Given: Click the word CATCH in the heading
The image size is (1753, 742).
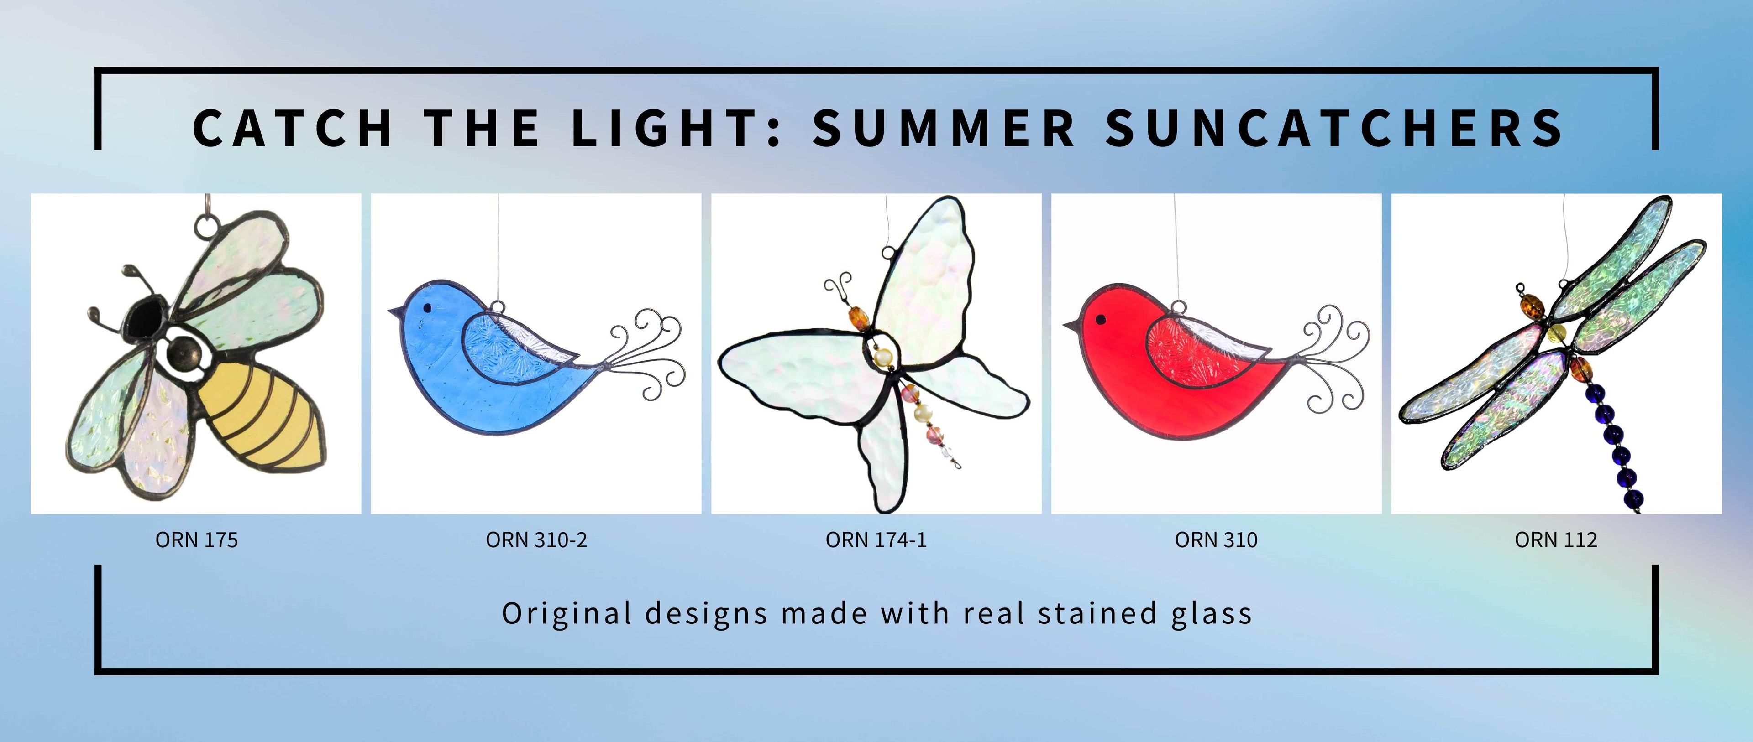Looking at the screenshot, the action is coord(293,128).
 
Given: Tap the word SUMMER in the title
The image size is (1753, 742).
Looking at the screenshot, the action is coord(943,128).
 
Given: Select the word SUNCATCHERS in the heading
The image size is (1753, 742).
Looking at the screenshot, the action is coord(1334,128).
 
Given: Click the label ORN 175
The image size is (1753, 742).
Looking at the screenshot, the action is coord(197,540).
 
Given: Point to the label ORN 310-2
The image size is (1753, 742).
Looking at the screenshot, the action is coord(536,540).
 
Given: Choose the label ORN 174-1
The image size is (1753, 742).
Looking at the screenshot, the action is coord(876,540).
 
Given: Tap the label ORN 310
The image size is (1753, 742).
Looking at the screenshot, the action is coord(1216,540).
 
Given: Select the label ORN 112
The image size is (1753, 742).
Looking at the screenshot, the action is coord(1556,540).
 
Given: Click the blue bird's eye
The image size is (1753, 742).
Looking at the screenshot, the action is coord(427,308).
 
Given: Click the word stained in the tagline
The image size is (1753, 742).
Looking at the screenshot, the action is coord(1097,613).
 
